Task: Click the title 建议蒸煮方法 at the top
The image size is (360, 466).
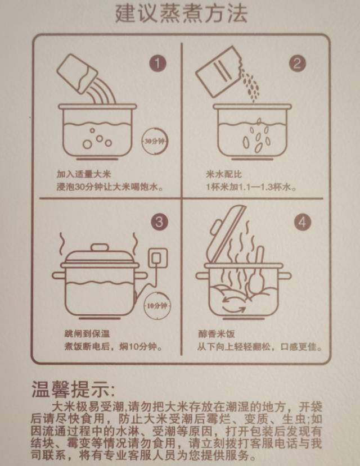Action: [x=181, y=13]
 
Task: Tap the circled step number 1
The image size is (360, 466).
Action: [x=157, y=63]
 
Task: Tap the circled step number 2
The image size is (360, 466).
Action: [x=297, y=63]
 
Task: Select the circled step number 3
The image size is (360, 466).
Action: [x=159, y=222]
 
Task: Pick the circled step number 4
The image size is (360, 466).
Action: [x=302, y=222]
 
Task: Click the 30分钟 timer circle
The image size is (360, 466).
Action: [x=155, y=141]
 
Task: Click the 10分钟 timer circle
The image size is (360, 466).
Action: [x=157, y=305]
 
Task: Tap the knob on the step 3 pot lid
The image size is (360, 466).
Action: [x=100, y=247]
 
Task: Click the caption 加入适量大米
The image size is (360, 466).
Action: [x=84, y=174]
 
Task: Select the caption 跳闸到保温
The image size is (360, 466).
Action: [x=87, y=333]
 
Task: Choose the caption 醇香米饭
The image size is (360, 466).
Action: [x=217, y=333]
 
